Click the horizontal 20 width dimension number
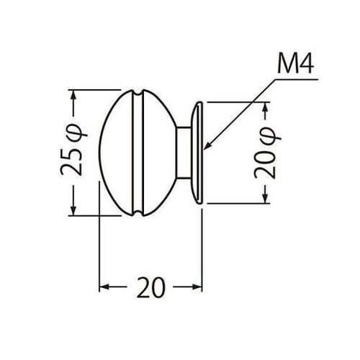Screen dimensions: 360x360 (x=150, y=287)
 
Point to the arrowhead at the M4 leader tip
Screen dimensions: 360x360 (x=206, y=147)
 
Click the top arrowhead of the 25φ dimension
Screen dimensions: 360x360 (x=72, y=92)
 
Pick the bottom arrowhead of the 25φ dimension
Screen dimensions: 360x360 (x=72, y=212)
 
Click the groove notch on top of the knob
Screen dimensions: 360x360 (x=135, y=94)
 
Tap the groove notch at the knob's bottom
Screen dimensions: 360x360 (x=135, y=212)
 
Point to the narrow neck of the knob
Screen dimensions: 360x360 (x=186, y=153)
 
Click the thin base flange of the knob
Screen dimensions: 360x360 (x=199, y=153)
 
